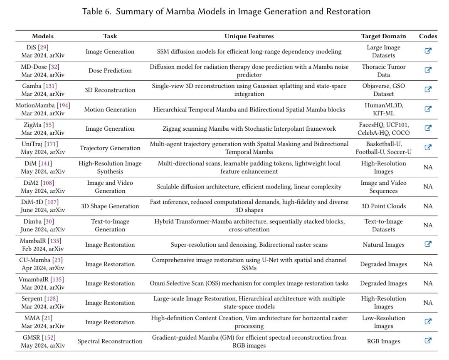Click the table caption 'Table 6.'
tap(97, 11)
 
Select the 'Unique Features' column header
tap(249, 36)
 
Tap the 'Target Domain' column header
tap(383, 36)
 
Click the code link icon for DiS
tap(428, 51)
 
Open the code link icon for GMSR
tap(428, 340)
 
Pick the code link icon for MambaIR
tap(428, 244)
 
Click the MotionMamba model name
tap(35, 105)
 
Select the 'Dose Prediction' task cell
tap(110, 71)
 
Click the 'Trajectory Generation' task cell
tap(110, 148)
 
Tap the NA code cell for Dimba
tap(428, 225)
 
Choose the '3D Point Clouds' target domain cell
tap(383, 206)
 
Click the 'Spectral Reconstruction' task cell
tap(110, 341)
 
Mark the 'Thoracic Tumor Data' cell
tap(383, 71)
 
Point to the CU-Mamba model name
tap(35, 260)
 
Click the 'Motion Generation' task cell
tap(110, 109)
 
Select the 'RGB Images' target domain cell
tap(383, 341)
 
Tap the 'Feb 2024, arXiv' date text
tap(42, 249)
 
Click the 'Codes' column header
tap(428, 36)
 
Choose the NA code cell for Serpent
tap(428, 303)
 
